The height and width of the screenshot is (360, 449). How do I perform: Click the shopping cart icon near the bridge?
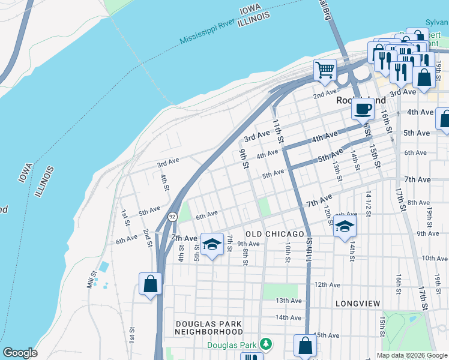point(325,69)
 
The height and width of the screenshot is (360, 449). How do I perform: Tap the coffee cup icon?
point(362,109)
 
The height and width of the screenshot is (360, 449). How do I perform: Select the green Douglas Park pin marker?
point(265,344)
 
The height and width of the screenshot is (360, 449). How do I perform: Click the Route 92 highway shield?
point(172,216)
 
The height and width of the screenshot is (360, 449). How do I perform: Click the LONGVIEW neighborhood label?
point(358,304)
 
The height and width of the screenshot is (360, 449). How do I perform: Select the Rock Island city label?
point(360,101)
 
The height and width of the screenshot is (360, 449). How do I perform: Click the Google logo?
point(20,353)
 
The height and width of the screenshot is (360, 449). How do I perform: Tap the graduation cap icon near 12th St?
point(345,226)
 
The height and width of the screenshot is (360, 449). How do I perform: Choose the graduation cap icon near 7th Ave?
point(211,244)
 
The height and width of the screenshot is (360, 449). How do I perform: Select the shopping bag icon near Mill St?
point(150,283)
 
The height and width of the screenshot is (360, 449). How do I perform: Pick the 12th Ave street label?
point(328,285)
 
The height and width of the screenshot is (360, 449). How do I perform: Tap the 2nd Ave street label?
point(325,94)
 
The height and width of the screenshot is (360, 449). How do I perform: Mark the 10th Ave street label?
point(434,259)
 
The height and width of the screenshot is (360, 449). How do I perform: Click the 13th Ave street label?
point(288,301)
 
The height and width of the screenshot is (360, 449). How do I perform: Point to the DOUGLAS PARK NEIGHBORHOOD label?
point(209,327)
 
